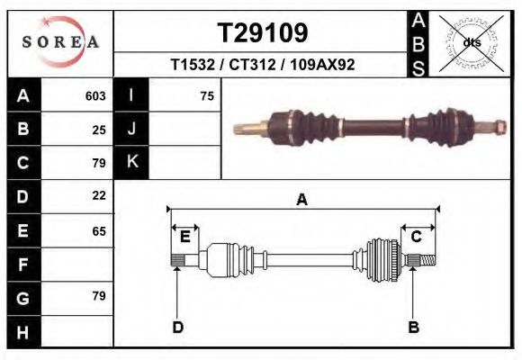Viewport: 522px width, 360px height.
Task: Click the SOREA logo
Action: (x=59, y=42)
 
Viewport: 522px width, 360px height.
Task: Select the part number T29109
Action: (x=263, y=32)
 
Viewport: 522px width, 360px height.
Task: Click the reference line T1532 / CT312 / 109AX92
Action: (x=263, y=65)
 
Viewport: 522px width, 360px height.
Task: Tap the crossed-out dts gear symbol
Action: (x=471, y=42)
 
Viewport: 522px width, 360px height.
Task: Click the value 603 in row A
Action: (x=95, y=95)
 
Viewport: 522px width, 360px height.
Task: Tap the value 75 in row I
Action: (x=207, y=95)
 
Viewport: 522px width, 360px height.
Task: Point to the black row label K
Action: (x=132, y=162)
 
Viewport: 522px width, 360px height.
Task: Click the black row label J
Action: (x=132, y=129)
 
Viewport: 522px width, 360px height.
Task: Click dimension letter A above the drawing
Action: (x=302, y=200)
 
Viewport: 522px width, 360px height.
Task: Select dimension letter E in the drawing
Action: (x=184, y=237)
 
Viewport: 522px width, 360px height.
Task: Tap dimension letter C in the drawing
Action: (x=417, y=237)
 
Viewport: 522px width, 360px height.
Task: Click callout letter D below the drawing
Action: (x=177, y=327)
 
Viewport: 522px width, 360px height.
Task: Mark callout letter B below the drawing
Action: (x=414, y=327)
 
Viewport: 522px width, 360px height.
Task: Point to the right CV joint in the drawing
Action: (x=382, y=260)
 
